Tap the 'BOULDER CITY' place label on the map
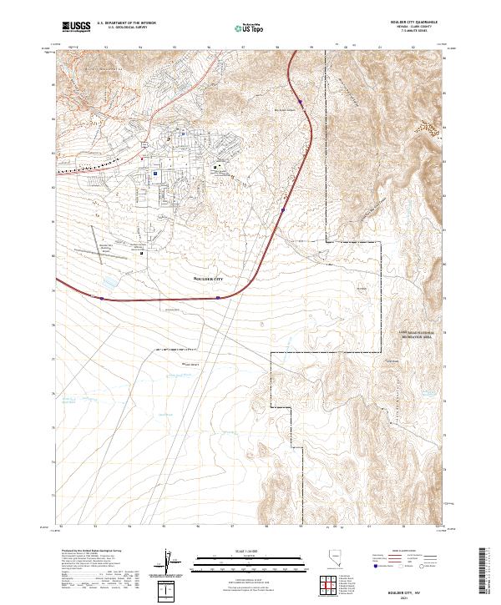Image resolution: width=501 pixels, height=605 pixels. click(208, 277)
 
